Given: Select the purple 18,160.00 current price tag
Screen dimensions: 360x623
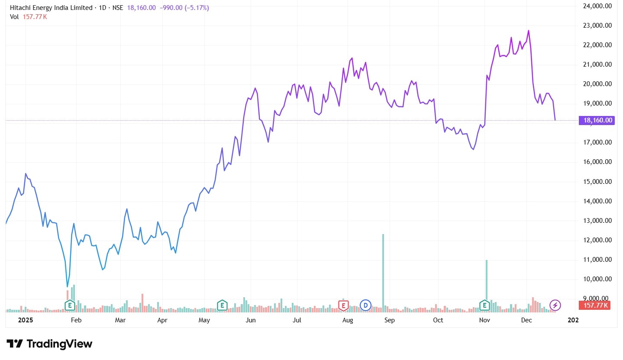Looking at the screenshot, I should (x=596, y=120).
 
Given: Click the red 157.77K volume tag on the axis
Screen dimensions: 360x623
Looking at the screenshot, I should (x=594, y=305).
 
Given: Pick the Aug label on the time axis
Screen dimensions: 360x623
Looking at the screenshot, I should (x=348, y=320).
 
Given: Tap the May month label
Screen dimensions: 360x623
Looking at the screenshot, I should (x=204, y=320).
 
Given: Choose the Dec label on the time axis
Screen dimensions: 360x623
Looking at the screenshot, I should (x=526, y=320).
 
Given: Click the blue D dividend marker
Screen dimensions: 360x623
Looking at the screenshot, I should (x=366, y=305).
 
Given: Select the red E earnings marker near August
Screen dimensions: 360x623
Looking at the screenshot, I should (x=343, y=305).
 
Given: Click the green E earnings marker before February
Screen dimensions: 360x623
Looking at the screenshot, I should (x=69, y=305).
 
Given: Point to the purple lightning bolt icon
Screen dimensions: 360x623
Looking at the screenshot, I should (x=555, y=305).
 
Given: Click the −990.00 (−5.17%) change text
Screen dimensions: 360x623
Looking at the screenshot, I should (x=184, y=8).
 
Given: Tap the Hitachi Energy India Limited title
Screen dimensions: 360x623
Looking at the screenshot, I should (x=51, y=8).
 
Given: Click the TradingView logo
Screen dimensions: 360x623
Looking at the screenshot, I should (x=49, y=344).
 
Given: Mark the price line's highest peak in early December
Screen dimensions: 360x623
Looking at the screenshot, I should (x=529, y=31).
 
